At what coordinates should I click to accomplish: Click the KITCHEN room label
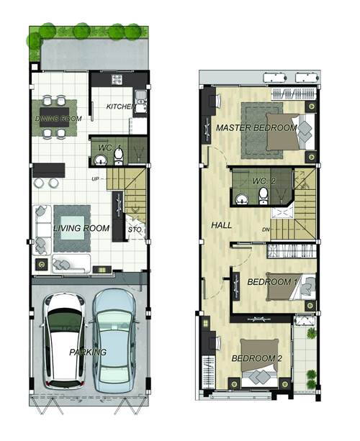(x=121, y=106)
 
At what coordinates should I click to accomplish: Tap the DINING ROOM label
(x=58, y=119)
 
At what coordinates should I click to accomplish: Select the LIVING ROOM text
(x=81, y=228)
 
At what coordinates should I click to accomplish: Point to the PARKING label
(x=88, y=352)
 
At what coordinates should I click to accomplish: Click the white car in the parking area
(x=65, y=341)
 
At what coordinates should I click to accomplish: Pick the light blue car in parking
(x=114, y=340)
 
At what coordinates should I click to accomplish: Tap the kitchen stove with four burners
(x=117, y=80)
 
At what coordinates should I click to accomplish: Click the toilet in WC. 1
(x=119, y=157)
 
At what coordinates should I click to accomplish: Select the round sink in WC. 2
(x=242, y=199)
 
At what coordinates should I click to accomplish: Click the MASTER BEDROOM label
(x=256, y=128)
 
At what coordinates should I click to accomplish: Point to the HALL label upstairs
(x=222, y=225)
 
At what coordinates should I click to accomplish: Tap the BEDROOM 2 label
(x=257, y=358)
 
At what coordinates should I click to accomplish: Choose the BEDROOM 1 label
(x=272, y=282)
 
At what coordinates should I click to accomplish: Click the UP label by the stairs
(x=95, y=179)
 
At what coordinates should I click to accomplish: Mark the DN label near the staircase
(x=266, y=229)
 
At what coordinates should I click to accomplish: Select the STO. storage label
(x=135, y=229)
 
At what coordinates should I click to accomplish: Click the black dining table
(x=55, y=117)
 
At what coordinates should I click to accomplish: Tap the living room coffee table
(x=72, y=228)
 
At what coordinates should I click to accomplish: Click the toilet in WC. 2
(x=264, y=196)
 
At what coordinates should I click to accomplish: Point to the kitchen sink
(x=140, y=101)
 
